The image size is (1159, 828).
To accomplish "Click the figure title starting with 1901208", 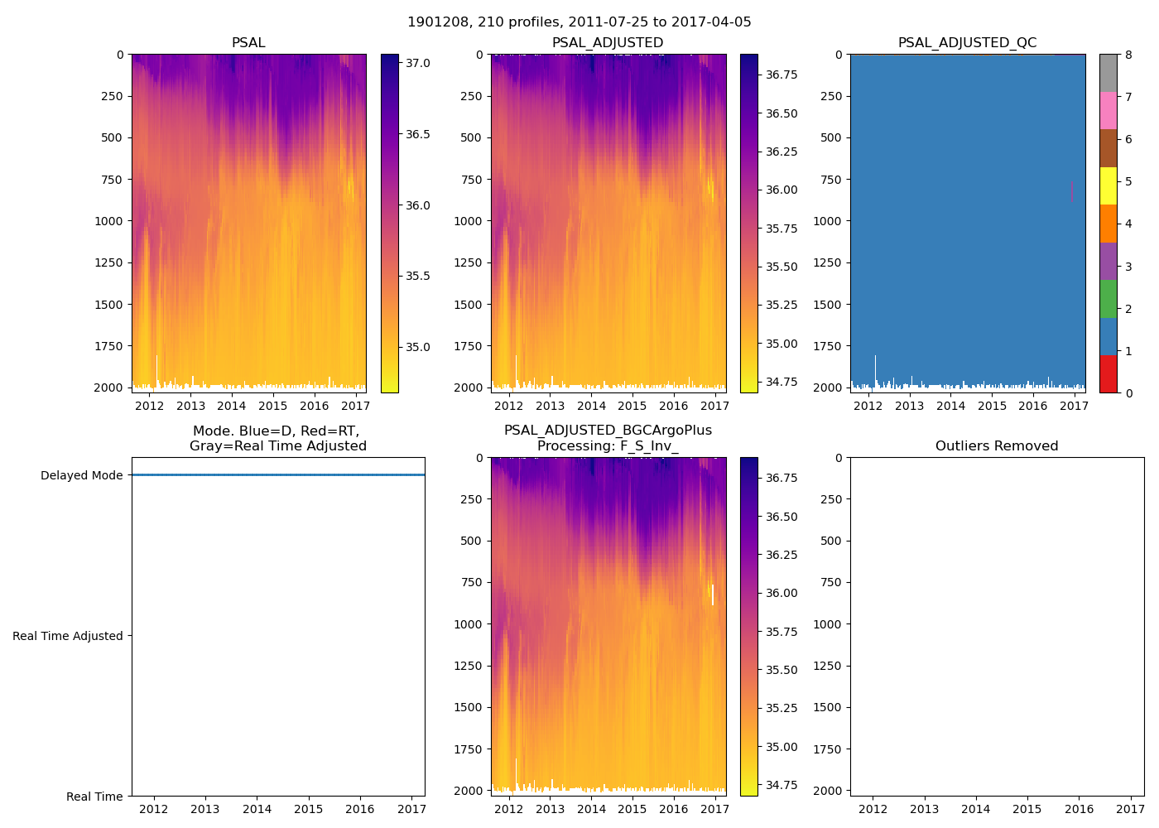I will click(x=579, y=22).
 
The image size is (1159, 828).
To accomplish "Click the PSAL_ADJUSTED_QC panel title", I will click(x=967, y=43).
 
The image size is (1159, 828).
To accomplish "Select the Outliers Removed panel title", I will click(x=997, y=446).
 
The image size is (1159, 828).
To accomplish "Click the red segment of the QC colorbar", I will click(x=1108, y=373).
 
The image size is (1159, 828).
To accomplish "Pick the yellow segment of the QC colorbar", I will click(x=1108, y=185).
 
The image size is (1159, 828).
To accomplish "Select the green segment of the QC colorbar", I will click(x=1108, y=299).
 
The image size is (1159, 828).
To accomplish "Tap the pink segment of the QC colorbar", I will click(x=1108, y=110).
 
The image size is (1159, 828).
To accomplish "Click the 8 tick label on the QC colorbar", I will click(x=1128, y=55).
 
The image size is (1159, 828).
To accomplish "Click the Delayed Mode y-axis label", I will click(x=81, y=475).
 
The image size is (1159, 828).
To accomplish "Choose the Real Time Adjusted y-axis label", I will click(x=68, y=636).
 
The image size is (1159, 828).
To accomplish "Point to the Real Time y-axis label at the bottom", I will click(x=94, y=797).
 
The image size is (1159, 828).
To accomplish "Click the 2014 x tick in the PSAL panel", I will click(x=232, y=406).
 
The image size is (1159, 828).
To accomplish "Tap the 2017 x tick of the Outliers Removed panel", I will click(x=1131, y=809).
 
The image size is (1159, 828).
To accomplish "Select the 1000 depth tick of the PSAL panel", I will click(x=109, y=221).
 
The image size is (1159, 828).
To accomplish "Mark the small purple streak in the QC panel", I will click(x=1071, y=191).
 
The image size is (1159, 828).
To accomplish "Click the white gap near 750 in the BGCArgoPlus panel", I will click(x=712, y=595).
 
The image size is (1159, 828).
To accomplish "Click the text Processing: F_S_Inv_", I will click(x=608, y=446).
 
